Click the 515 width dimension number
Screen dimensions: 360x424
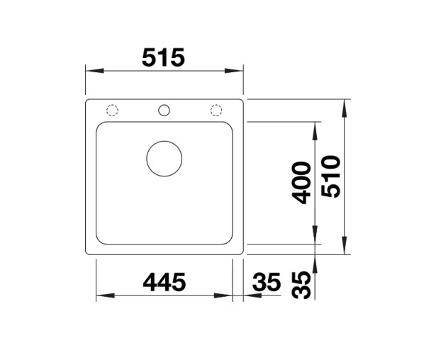(x=163, y=57)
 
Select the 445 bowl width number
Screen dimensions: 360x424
(x=164, y=282)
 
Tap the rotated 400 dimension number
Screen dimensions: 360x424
(x=302, y=183)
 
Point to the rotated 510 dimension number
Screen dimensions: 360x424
(x=331, y=176)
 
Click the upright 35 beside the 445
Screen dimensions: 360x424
(x=266, y=282)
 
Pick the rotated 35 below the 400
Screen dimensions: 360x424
(x=302, y=283)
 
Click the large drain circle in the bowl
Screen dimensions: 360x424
(x=164, y=157)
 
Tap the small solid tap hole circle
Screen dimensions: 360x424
(x=164, y=110)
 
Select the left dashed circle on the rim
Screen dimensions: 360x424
(x=112, y=110)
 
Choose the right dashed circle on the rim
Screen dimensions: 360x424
(x=216, y=110)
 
